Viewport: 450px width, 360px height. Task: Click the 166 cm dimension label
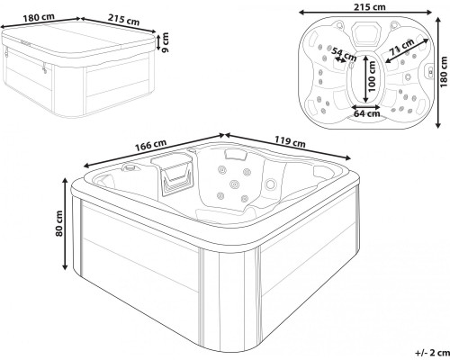150,145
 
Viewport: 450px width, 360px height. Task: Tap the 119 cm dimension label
290,141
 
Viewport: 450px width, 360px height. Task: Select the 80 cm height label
59,223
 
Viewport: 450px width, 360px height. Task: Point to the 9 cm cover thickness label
165,42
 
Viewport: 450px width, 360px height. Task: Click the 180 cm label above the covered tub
39,17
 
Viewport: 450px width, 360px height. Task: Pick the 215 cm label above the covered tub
123,20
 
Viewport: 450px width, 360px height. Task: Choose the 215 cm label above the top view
370,6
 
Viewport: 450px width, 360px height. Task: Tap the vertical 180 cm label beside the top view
445,72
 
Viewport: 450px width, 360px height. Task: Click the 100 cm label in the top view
372,76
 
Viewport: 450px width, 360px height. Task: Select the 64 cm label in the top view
366,113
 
